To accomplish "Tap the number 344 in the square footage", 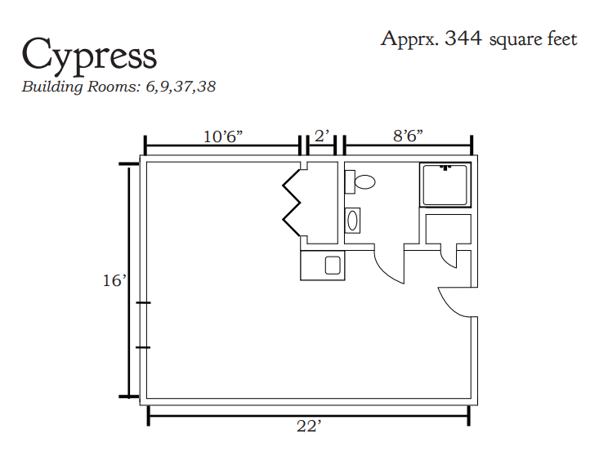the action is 463,38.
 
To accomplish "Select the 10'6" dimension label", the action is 223,136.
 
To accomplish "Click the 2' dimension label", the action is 322,136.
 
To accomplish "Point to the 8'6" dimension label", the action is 408,136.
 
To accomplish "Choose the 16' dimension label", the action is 114,280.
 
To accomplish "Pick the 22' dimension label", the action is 309,427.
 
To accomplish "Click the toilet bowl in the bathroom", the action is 364,182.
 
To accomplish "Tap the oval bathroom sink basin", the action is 352,221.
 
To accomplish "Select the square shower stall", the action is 445,185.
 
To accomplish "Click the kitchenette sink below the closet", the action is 333,266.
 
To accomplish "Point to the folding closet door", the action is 292,203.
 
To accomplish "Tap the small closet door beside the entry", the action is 449,259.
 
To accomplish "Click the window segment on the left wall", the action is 143,325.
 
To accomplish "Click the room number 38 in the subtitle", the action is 206,86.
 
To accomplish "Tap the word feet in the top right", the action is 562,38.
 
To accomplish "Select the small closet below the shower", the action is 449,229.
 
